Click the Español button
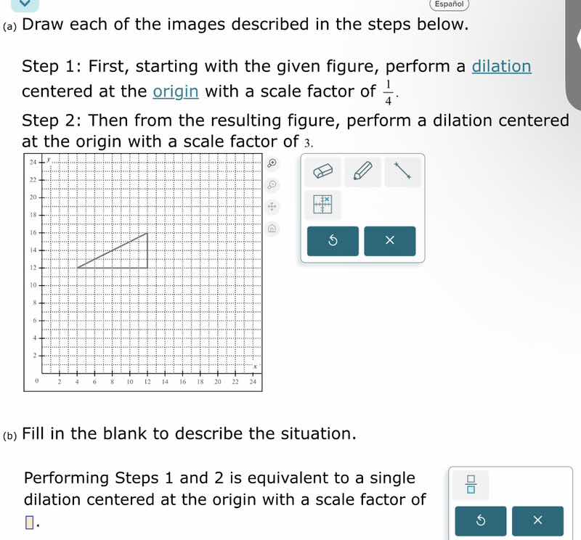coord(449,4)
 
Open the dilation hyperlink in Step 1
coord(501,67)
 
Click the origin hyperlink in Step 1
coord(175,91)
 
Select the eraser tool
coord(321,172)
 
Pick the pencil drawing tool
coord(362,172)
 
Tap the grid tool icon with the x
coord(322,205)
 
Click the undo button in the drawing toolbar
coord(333,241)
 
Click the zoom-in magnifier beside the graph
coord(272,163)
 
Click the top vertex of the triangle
coord(147,233)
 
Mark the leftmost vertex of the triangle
coord(77,268)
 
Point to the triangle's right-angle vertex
coord(147,268)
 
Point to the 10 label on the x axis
coord(129,380)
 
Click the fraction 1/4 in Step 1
coord(388,92)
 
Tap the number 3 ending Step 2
coord(308,142)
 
